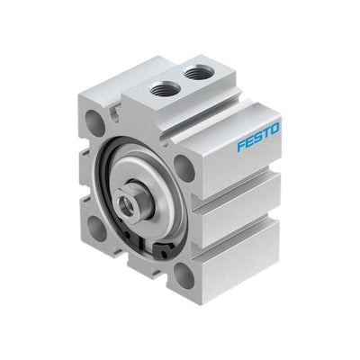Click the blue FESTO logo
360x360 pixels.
(258, 137)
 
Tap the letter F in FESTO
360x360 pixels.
(241, 145)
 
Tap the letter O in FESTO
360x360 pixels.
(274, 129)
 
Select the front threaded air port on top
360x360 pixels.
(165, 89)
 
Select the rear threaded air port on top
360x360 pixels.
(198, 73)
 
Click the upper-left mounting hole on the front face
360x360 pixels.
(94, 121)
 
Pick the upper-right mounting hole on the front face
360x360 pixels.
(184, 168)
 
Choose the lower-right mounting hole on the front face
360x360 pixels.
(184, 275)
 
